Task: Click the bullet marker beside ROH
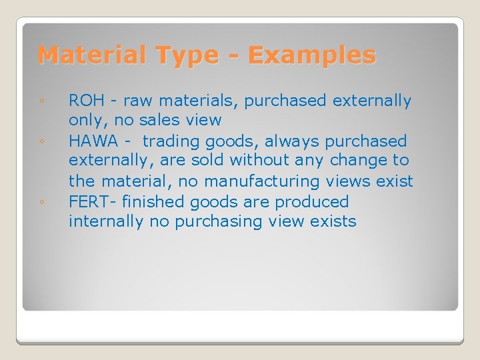(x=41, y=102)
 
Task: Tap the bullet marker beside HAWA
(x=41, y=142)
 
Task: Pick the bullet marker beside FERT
(x=41, y=202)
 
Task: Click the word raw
(x=137, y=101)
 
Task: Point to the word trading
(x=171, y=142)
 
